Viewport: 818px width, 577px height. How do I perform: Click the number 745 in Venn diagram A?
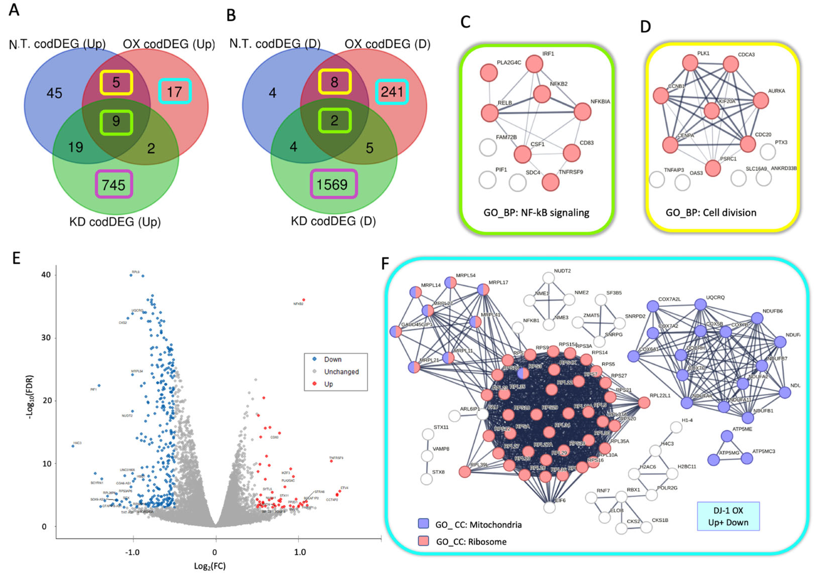(114, 185)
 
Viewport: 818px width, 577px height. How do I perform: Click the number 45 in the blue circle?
(54, 93)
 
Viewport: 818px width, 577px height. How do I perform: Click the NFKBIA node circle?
(583, 112)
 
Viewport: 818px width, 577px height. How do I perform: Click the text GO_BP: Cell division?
(711, 213)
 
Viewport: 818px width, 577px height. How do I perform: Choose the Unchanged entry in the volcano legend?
(341, 372)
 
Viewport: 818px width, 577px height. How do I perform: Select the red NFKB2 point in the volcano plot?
(304, 300)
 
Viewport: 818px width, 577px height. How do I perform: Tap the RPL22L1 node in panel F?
(644, 403)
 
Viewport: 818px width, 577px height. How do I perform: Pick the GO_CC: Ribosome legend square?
(423, 541)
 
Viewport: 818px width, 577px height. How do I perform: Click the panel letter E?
(16, 258)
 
